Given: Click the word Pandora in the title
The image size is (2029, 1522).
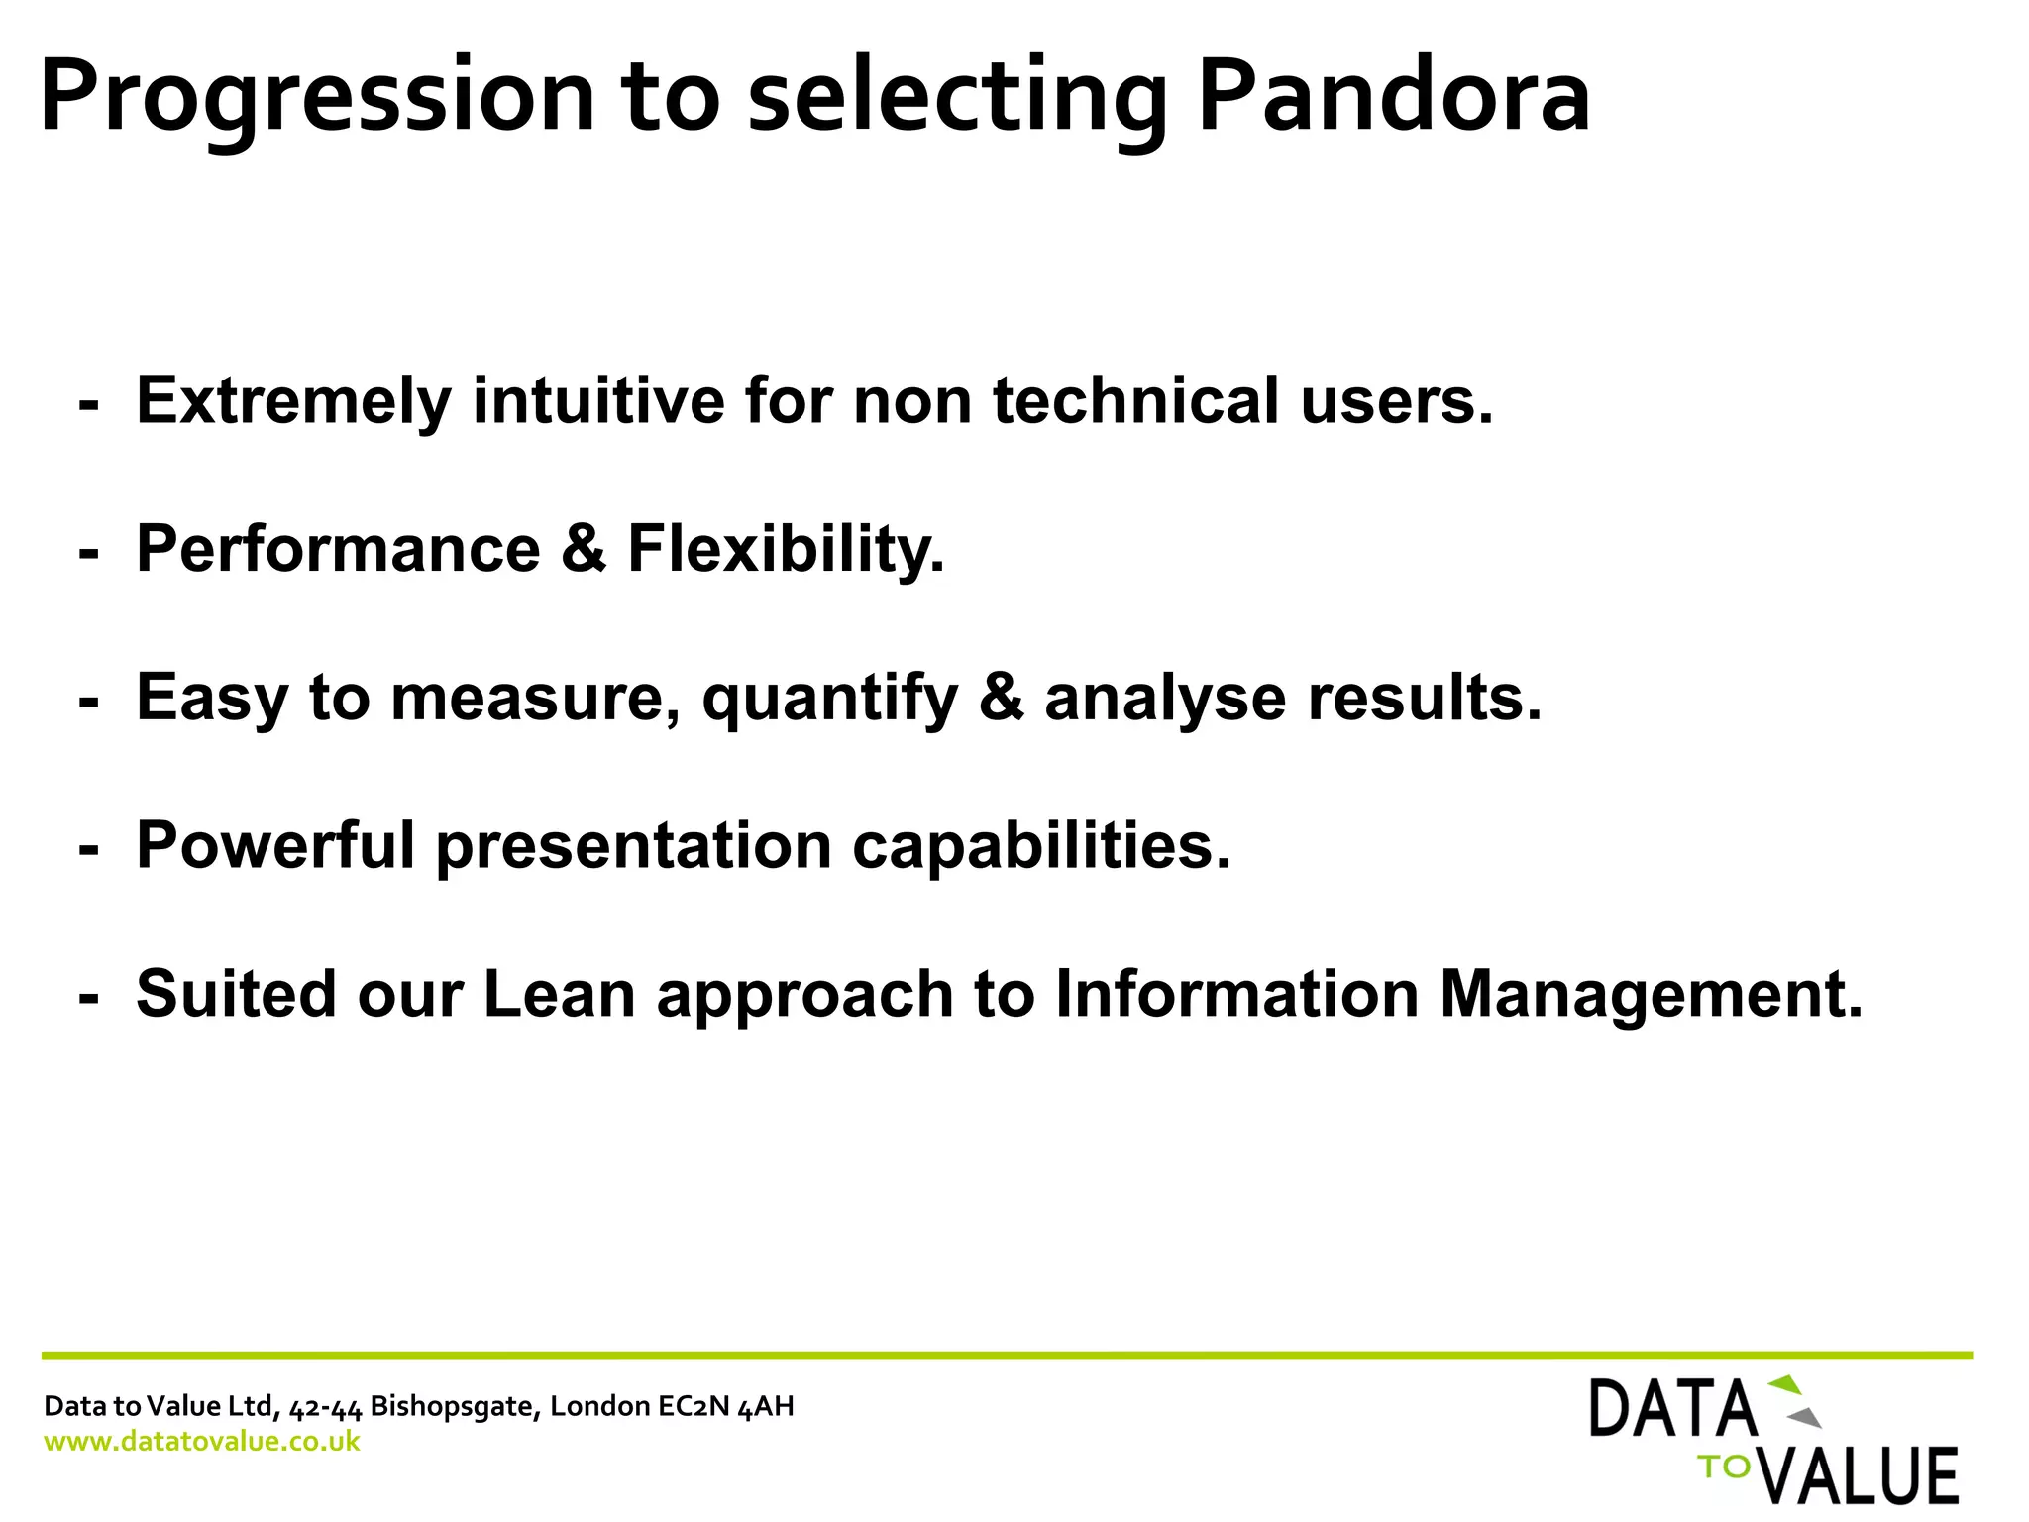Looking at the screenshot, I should point(1392,97).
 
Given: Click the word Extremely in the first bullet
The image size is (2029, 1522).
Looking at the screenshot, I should point(293,401).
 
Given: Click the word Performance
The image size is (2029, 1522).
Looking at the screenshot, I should point(338,549).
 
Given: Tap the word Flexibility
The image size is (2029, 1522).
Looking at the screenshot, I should point(786,549).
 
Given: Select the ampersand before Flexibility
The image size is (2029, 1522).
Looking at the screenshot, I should point(584,549).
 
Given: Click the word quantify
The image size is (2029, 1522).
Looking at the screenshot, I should point(829,699).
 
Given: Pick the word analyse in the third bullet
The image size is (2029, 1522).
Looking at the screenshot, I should point(1164,699).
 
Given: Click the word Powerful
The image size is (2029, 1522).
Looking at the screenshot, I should point(275,846).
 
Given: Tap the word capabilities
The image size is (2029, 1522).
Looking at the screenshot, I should point(1040,846).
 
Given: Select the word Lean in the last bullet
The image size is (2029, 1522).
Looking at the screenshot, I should point(559,994).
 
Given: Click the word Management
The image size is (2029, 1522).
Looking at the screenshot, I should point(1651,994).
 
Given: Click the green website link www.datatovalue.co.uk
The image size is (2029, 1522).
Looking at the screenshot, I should point(202,1441).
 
